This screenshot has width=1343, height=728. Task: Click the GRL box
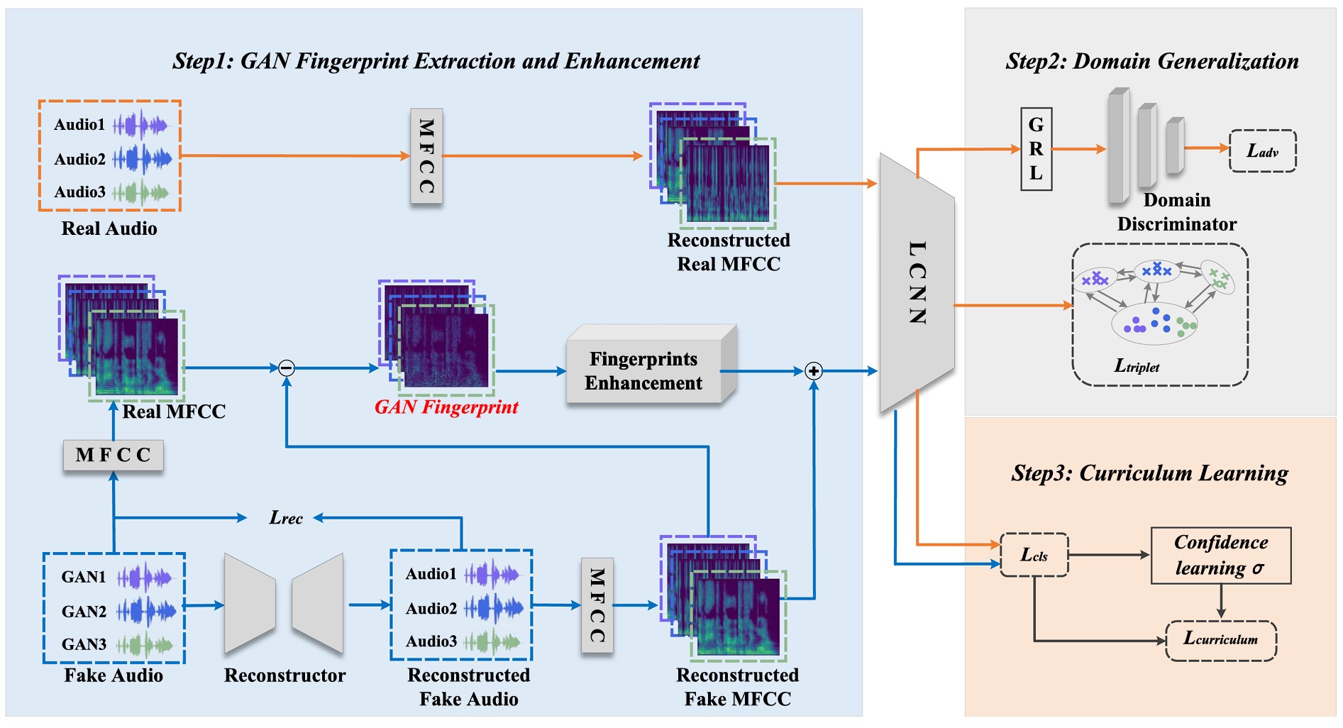coord(1036,149)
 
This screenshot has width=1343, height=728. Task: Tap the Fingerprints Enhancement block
coord(643,370)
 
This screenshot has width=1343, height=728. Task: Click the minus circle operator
coord(287,368)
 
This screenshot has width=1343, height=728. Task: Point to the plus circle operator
coord(814,370)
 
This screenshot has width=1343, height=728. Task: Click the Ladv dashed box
coord(1262,150)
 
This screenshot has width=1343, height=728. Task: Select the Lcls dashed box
coord(1034,555)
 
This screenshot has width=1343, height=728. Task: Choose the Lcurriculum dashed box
coord(1220,640)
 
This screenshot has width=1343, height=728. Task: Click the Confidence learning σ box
coord(1220,555)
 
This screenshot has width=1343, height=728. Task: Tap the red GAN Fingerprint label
coord(446,407)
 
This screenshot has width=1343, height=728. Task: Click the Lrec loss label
coord(286,518)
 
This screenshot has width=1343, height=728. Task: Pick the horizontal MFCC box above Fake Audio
coord(114,455)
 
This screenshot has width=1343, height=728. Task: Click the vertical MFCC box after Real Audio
coord(426,156)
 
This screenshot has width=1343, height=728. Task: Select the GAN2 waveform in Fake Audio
coord(146,610)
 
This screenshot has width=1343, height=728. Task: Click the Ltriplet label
coord(1137,366)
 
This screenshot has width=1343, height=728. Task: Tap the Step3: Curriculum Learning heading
coord(1149,473)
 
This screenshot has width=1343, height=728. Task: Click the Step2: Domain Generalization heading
coord(1151,62)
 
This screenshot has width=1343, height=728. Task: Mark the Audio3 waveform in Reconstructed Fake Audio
coord(494,641)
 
